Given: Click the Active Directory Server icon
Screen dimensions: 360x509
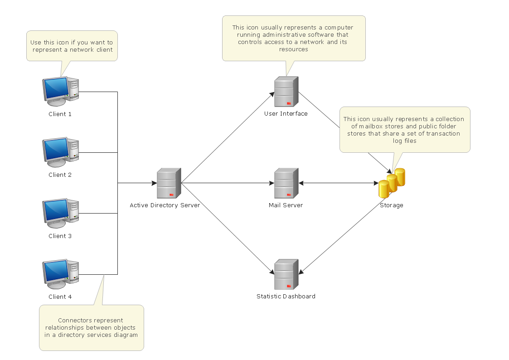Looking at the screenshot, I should tap(169, 183).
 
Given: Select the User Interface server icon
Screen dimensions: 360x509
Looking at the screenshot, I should tap(286, 92).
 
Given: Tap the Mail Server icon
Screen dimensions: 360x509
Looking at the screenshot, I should tap(286, 183).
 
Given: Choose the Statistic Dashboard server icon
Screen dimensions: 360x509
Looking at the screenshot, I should tap(286, 274).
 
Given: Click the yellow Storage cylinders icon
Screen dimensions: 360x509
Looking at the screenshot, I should tap(392, 183).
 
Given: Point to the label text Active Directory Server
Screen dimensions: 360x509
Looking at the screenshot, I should tap(165, 205).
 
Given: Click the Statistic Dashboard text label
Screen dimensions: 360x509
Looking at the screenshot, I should tap(286, 297).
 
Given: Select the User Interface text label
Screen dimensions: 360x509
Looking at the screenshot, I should tap(286, 114).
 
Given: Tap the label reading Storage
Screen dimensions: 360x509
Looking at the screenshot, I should tap(391, 205).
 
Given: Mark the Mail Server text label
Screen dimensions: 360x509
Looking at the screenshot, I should tap(286, 205).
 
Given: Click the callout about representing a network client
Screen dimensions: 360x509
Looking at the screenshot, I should tap(72, 46).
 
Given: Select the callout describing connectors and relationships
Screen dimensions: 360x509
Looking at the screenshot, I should tap(91, 327).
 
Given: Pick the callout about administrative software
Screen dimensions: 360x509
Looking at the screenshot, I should tap(293, 38).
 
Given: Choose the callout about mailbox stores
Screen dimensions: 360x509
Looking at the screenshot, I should tap(404, 130).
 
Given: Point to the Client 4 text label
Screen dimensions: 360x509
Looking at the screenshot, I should tap(60, 297).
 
